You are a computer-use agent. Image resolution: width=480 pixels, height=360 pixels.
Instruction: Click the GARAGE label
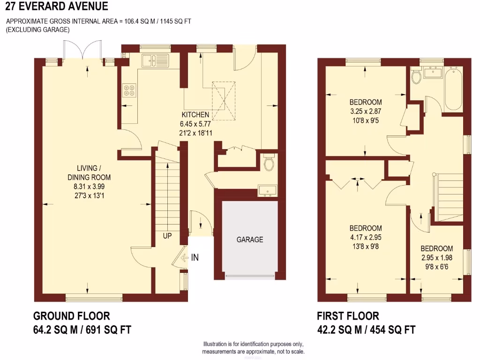coord(249,240)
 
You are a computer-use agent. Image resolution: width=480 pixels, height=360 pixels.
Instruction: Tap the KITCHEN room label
coord(195,115)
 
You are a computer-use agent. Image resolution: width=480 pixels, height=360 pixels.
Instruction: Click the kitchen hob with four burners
coord(129,90)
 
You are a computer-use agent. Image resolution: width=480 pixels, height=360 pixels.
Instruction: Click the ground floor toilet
coord(269,164)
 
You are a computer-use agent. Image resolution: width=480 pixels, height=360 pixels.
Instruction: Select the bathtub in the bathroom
coord(453,89)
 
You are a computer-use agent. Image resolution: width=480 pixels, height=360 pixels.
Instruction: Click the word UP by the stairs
coord(167,236)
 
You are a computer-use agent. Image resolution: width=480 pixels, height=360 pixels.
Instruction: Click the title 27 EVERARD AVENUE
coord(54,7)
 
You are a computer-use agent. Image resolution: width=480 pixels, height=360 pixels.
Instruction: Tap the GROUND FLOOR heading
coord(72,316)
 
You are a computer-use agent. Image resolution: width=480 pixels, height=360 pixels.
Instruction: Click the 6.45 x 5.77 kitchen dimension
coord(195,124)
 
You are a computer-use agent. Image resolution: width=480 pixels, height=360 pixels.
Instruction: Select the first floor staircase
coord(450,197)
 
